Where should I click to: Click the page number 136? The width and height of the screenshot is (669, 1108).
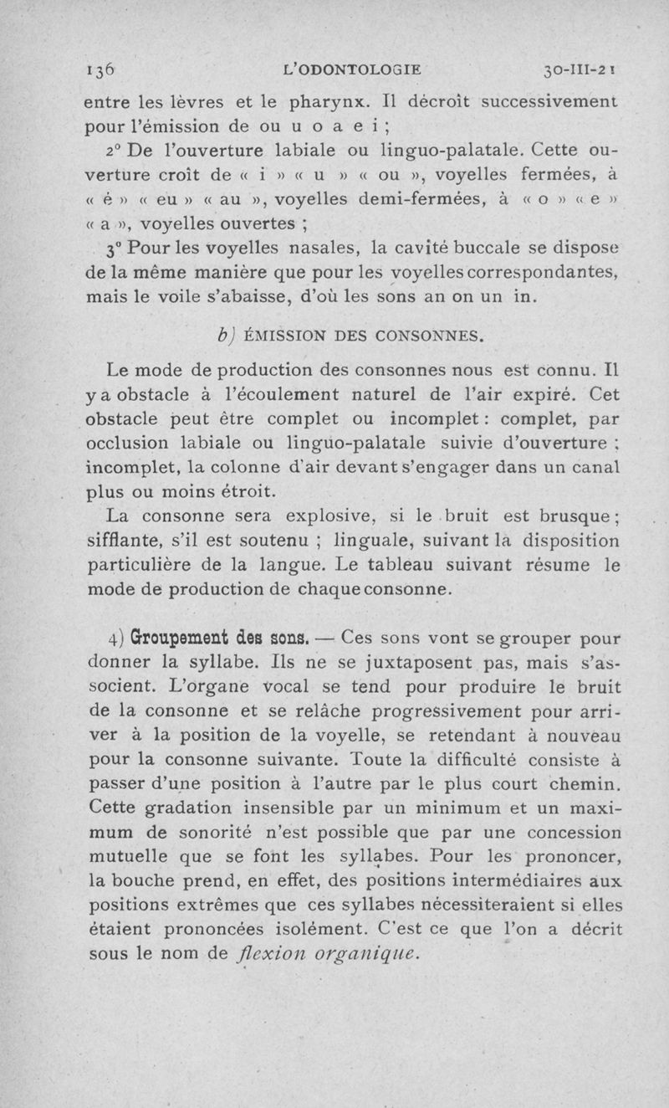pos(104,72)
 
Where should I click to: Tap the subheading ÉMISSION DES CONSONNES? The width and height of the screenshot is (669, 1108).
pos(357,338)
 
